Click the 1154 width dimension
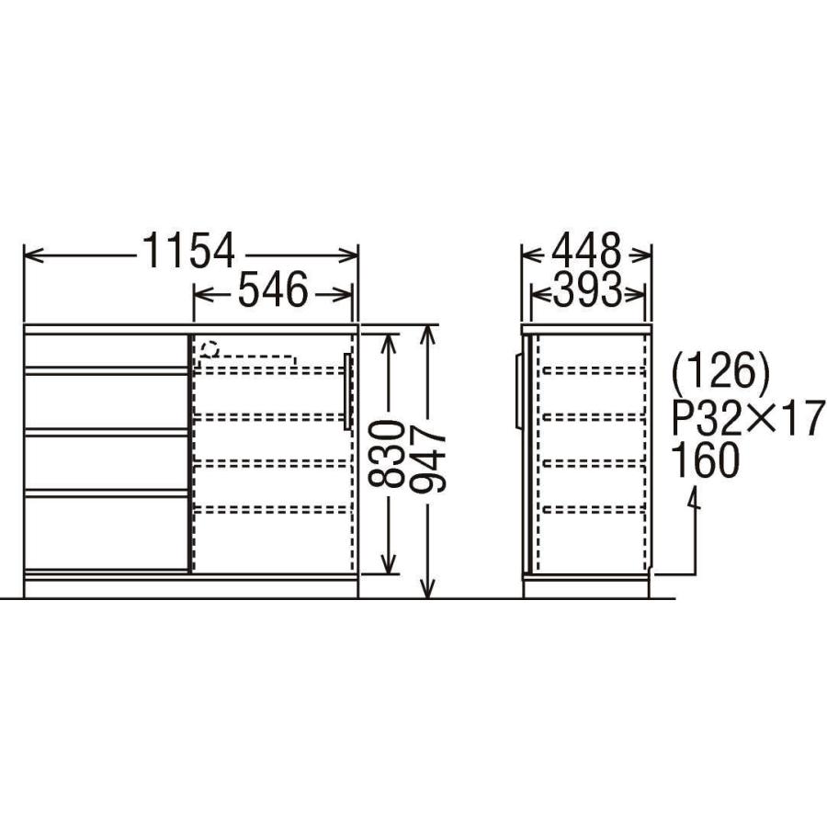(188, 251)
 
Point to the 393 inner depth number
(587, 290)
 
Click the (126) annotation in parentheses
(720, 371)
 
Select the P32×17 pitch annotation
(748, 415)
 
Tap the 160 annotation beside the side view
(706, 460)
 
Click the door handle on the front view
(346, 391)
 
